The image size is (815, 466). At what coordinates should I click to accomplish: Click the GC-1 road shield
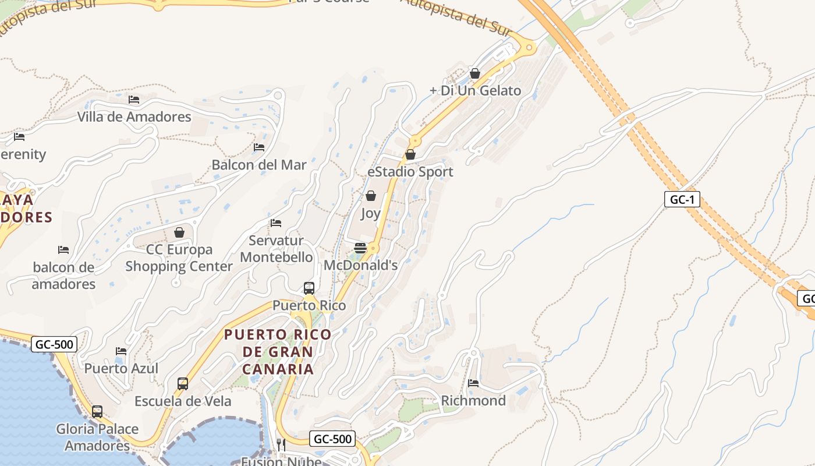point(682,199)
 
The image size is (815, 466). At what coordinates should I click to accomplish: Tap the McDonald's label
point(360,265)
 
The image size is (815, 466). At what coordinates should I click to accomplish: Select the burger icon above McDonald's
point(360,248)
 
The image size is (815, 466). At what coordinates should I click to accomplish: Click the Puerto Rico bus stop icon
point(309,288)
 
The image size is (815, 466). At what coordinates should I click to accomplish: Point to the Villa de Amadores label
point(134,116)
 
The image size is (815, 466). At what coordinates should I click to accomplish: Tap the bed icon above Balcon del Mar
point(259,147)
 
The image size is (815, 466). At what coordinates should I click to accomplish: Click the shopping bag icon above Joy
point(370,196)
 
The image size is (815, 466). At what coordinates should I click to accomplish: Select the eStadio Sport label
point(410,172)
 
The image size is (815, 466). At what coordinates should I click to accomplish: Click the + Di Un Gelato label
point(475,90)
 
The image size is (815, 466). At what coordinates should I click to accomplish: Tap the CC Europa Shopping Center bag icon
point(179,232)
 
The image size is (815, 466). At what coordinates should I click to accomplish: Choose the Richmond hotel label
point(473,400)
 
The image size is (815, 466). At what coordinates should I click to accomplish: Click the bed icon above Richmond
point(473,383)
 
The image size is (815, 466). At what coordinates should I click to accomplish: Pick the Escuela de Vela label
point(183,401)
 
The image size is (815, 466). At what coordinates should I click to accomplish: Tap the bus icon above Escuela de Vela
point(183,384)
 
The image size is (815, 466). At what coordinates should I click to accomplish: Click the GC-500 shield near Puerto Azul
point(54,344)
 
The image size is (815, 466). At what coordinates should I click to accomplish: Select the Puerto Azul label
point(121,368)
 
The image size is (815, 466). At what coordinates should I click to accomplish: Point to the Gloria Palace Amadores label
point(97,437)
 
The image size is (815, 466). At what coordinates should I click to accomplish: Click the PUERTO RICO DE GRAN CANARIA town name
point(278,352)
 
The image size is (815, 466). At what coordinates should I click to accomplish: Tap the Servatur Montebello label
point(276,249)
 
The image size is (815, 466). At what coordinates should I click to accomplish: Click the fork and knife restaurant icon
point(281,445)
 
